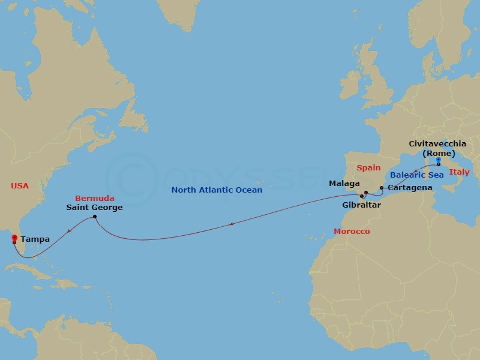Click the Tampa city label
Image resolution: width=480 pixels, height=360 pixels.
click(x=35, y=239)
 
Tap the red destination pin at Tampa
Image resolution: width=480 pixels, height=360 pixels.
click(x=14, y=239)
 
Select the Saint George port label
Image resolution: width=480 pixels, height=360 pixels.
click(x=95, y=208)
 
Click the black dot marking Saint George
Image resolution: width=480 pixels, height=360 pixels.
click(x=95, y=217)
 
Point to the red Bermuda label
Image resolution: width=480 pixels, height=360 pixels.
click(x=94, y=198)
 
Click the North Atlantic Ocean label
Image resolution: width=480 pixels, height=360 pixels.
click(x=217, y=190)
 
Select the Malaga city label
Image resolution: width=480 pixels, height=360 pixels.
click(x=344, y=184)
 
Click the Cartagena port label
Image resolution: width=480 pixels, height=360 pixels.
click(x=410, y=188)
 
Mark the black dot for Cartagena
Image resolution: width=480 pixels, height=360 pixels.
click(x=382, y=188)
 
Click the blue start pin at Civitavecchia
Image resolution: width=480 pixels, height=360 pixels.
click(x=439, y=161)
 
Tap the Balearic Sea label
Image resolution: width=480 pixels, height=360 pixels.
click(x=417, y=175)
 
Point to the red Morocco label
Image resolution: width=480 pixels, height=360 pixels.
click(x=352, y=231)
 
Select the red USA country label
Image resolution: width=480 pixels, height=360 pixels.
click(x=19, y=186)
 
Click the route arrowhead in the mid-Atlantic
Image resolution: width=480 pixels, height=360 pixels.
click(x=232, y=225)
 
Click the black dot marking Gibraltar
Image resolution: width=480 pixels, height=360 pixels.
click(x=361, y=196)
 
